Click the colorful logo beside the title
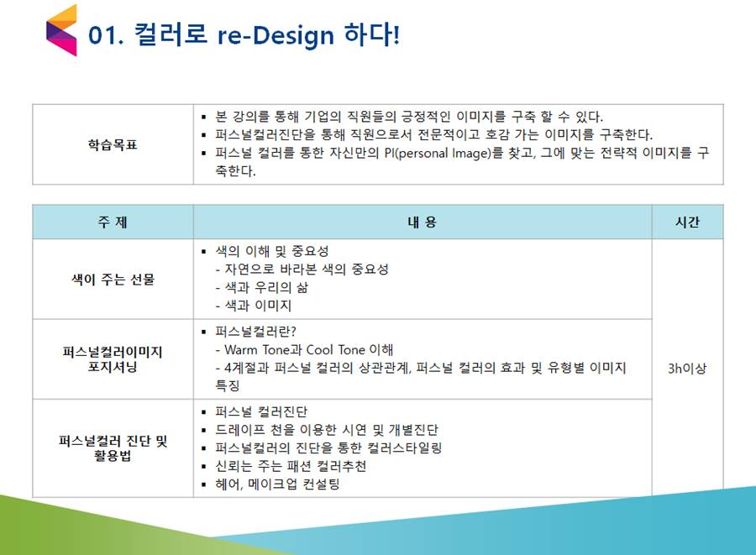coord(61,30)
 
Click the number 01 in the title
coord(102,35)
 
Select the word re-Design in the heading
coord(276,35)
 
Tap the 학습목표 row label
coord(113,144)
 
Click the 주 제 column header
coord(113,223)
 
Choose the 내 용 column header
coord(422,223)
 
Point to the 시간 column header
coord(687,223)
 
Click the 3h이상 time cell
coord(687,369)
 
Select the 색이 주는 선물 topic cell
coord(113,280)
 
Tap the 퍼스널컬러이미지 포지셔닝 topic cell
coord(113,359)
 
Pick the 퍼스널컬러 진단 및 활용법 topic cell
coord(113,448)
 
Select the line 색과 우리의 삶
coord(262,288)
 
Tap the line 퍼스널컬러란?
coord(255,332)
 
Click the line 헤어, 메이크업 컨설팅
coord(277,484)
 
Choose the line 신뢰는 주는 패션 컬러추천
coord(291,466)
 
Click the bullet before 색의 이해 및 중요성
coord(204,252)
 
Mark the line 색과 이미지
coord(254,306)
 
